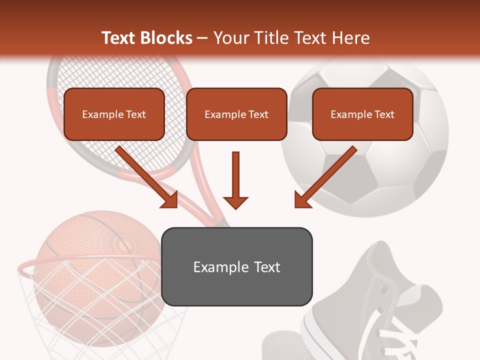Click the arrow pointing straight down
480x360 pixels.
click(x=235, y=180)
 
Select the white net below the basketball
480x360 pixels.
click(x=100, y=320)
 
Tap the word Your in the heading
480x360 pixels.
click(x=228, y=38)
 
